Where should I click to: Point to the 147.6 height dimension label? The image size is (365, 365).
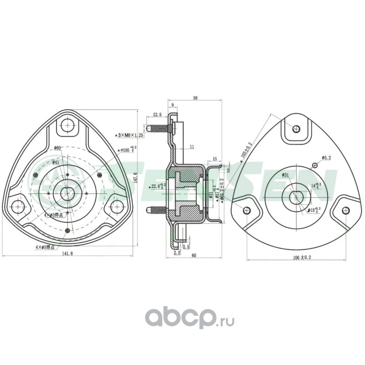tap(135, 179)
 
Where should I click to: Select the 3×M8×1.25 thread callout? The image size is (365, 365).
tap(130, 136)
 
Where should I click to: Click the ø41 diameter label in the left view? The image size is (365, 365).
tap(56, 162)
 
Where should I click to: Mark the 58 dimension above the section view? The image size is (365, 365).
tap(195, 98)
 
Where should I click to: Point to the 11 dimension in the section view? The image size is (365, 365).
tap(191, 147)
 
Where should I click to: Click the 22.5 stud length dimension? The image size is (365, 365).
tap(158, 115)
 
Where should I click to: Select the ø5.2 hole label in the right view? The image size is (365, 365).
tap(327, 157)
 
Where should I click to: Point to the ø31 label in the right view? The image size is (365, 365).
tap(286, 175)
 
